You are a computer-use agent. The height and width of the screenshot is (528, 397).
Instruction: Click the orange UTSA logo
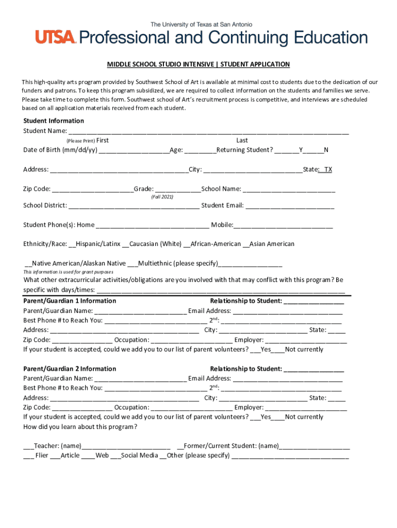[x=56, y=37]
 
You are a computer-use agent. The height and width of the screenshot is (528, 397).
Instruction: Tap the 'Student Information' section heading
[x=54, y=121]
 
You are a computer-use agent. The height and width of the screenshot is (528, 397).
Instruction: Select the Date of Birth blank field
[x=134, y=151]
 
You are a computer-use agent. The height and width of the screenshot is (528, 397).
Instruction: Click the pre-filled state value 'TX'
[x=327, y=170]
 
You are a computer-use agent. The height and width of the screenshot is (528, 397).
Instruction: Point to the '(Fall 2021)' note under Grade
[x=162, y=197]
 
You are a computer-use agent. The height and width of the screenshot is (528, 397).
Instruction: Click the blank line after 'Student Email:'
[x=290, y=206]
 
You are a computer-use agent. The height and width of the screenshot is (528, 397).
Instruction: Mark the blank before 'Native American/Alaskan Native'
[x=28, y=264]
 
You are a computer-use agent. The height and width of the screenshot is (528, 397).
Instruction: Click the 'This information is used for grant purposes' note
[x=68, y=272]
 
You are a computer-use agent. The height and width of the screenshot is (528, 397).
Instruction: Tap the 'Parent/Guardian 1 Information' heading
[x=70, y=301]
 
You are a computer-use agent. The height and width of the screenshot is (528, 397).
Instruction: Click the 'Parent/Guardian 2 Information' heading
[x=70, y=369]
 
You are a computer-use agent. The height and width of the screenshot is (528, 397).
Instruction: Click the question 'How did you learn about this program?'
[x=80, y=427]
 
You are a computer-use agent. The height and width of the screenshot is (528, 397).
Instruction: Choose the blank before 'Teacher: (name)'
[x=28, y=447]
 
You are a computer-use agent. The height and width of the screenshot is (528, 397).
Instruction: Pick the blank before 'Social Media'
[x=115, y=456]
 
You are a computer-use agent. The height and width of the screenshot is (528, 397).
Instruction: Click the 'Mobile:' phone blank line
[x=283, y=225]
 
